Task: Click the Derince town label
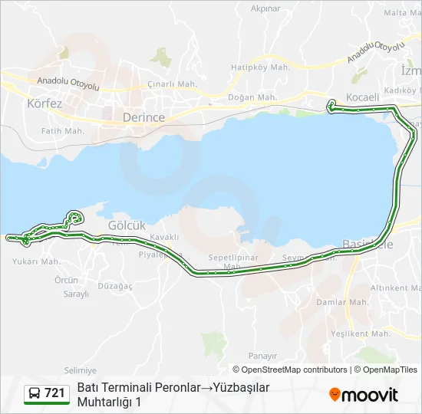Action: click(143, 117)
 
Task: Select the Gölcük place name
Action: click(127, 225)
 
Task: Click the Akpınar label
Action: click(265, 8)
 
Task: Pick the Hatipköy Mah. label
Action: click(261, 67)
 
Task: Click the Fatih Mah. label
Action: click(63, 131)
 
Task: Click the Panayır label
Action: click(262, 356)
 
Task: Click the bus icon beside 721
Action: click(35, 394)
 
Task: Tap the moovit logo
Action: click(364, 395)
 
